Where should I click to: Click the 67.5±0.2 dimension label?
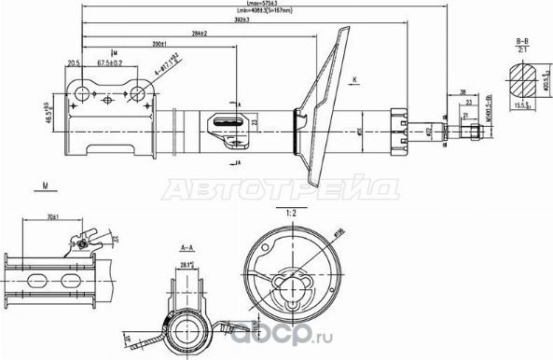[109, 65]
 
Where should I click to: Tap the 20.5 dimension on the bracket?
[73, 64]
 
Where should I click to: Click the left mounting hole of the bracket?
[82, 91]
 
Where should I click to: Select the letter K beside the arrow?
[355, 81]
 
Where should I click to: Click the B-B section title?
[523, 42]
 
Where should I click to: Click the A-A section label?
[186, 249]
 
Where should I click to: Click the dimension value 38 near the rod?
[463, 91]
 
